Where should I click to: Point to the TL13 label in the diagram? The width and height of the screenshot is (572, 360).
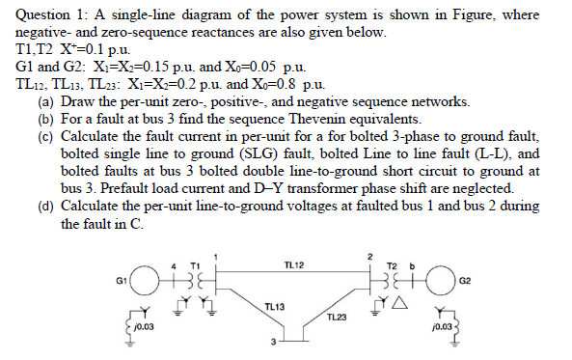[x=273, y=306]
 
